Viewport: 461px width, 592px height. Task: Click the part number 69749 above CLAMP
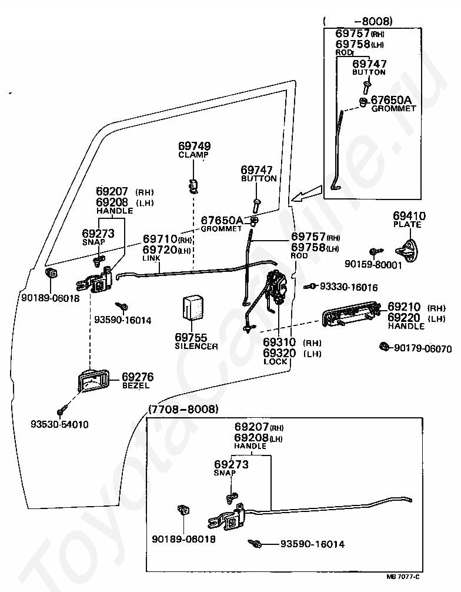point(194,146)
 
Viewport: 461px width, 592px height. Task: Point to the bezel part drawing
point(93,381)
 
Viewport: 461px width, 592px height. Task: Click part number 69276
point(138,377)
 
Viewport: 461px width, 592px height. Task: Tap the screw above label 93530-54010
point(62,410)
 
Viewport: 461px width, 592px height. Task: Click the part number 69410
point(409,216)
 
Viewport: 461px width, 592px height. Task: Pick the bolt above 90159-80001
point(376,251)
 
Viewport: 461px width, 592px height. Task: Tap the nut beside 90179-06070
point(384,346)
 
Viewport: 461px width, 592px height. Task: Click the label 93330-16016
point(349,287)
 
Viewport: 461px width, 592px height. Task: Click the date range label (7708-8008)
point(183,409)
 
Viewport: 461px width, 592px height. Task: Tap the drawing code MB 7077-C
point(403,577)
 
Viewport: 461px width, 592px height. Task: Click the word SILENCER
point(196,346)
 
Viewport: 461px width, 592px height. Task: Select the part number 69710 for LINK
point(160,238)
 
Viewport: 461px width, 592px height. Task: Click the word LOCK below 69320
point(275,362)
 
